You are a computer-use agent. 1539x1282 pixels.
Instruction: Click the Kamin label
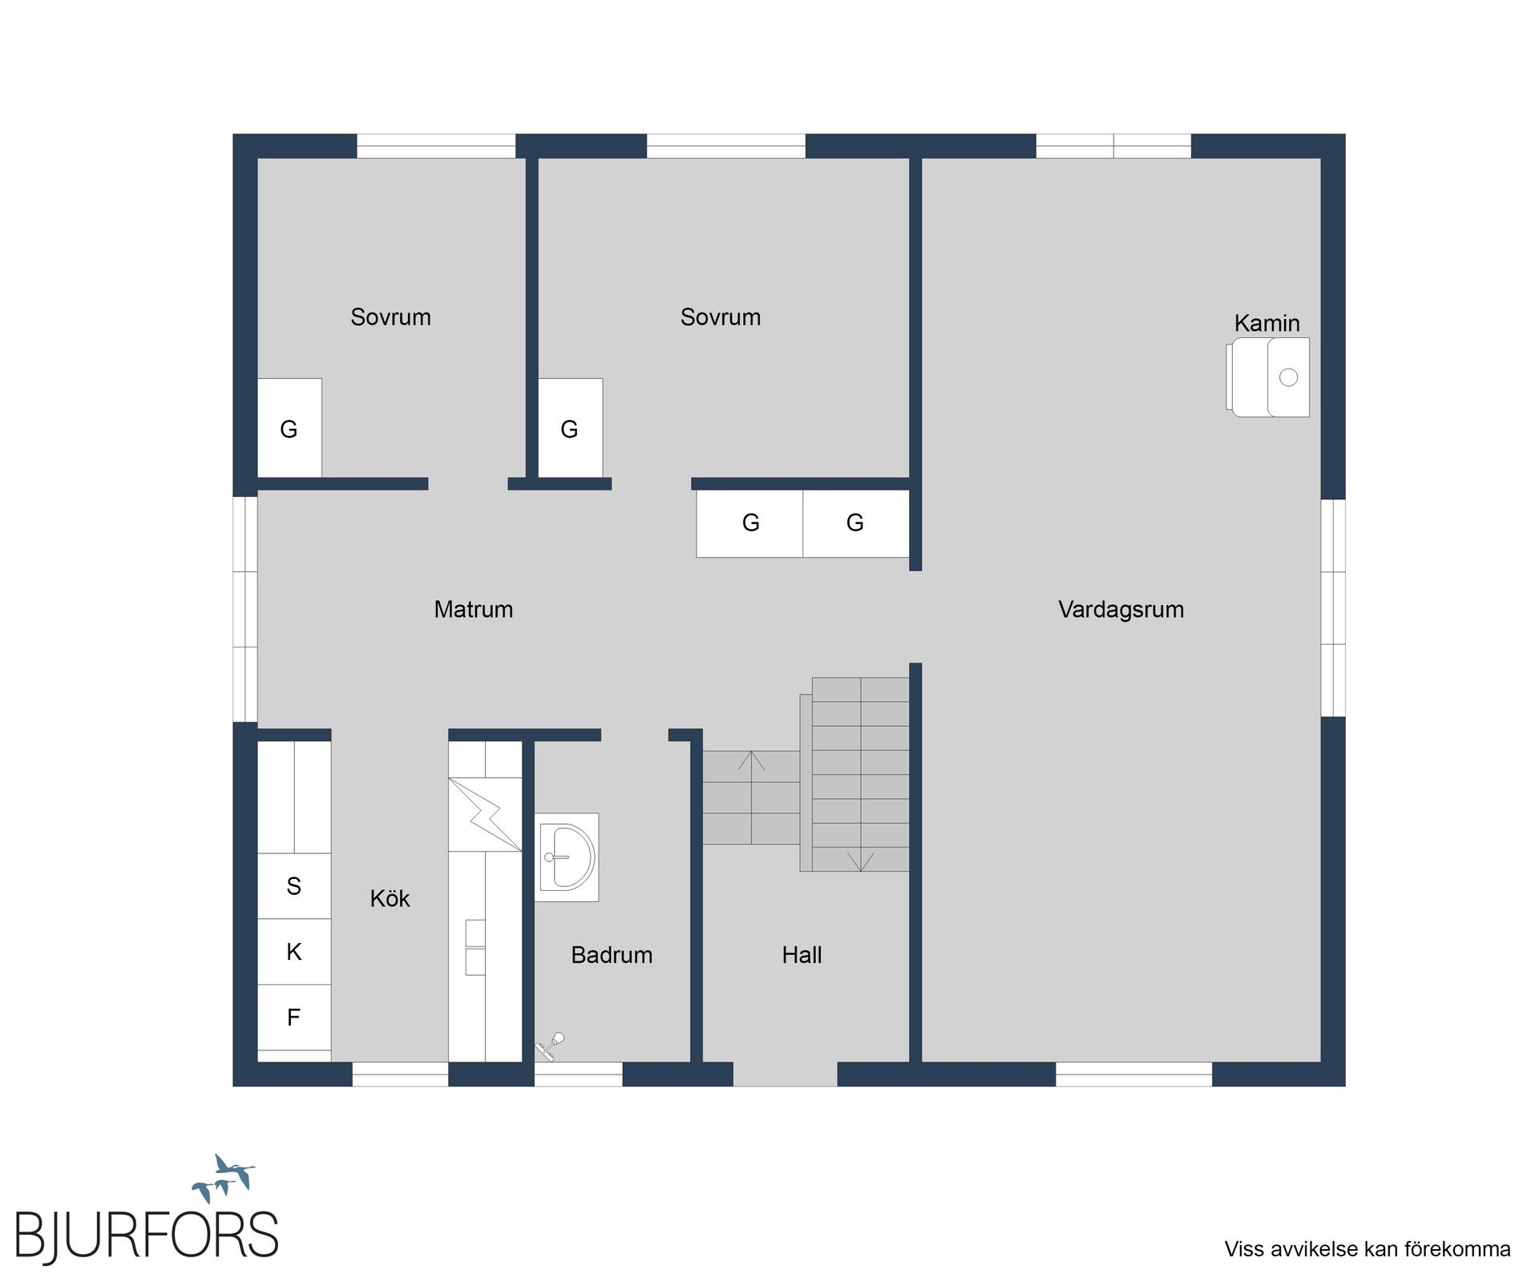[1266, 323]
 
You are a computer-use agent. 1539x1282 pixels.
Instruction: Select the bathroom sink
[567, 857]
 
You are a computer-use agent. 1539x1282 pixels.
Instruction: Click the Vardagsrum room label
[1121, 609]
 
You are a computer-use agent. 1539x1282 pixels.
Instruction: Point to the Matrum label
[473, 609]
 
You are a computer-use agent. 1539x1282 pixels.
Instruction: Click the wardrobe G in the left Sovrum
[289, 429]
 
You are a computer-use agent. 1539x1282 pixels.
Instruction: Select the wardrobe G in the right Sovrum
[569, 429]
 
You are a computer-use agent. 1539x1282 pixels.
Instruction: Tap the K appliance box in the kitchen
[293, 952]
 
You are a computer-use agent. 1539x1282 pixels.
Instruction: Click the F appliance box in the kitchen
[293, 1018]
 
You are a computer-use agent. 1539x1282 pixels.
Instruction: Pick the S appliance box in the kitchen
[293, 886]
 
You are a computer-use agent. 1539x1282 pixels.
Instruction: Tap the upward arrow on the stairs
[751, 760]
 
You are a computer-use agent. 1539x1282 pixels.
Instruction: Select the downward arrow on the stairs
[860, 861]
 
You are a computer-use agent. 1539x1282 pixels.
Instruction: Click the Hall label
[802, 955]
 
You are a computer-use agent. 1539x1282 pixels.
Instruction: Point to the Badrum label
[612, 955]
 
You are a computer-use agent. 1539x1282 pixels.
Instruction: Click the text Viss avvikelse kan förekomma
[1367, 1249]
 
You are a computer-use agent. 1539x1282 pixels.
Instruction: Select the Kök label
[390, 899]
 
